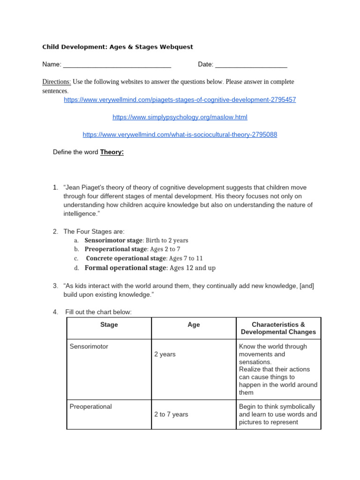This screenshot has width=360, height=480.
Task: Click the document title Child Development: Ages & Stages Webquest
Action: (118, 47)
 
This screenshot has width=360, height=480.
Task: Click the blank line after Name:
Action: (117, 65)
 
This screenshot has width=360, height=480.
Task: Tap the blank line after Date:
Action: (251, 65)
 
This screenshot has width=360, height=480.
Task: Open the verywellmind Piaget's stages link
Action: (180, 100)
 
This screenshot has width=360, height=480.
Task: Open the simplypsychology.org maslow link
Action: (180, 117)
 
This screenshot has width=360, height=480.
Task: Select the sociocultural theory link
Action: (180, 135)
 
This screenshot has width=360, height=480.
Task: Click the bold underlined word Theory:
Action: (112, 152)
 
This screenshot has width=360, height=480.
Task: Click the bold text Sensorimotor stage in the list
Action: (113, 240)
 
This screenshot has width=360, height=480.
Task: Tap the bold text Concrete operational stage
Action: (126, 258)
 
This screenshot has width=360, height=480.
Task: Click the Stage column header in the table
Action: (109, 325)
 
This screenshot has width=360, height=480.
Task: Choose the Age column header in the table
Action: (194, 325)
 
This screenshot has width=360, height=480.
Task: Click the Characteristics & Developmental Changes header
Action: (278, 328)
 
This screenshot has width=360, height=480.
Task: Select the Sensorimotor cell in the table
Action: (89, 347)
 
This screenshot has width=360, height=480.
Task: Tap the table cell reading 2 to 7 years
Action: (171, 415)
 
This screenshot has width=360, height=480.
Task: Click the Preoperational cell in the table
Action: (90, 407)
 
